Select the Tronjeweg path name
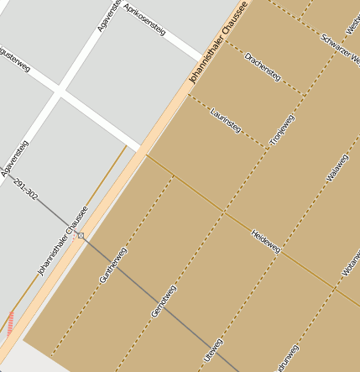click(x=283, y=130)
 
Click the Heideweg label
click(x=266, y=241)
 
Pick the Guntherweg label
click(x=113, y=265)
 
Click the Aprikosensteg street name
click(x=144, y=20)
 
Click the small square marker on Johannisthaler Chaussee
click(x=81, y=236)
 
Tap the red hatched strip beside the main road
click(x=10, y=323)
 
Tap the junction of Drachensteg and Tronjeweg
click(x=303, y=95)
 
